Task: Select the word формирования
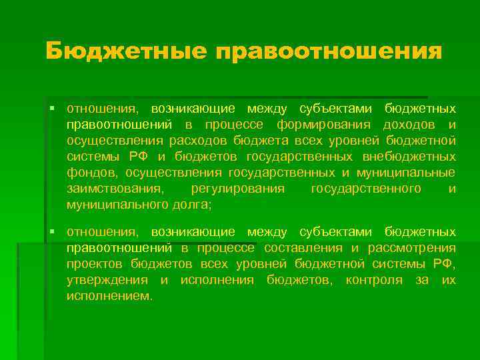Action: (320, 125)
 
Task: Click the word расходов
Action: (197, 141)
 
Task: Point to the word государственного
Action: (366, 189)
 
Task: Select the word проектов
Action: (95, 264)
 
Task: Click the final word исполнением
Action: (109, 296)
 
